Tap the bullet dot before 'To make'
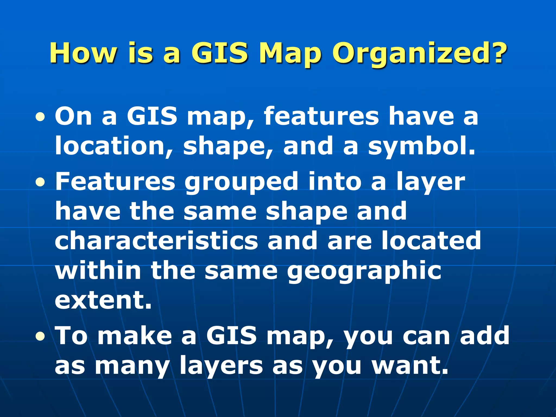click(40, 337)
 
